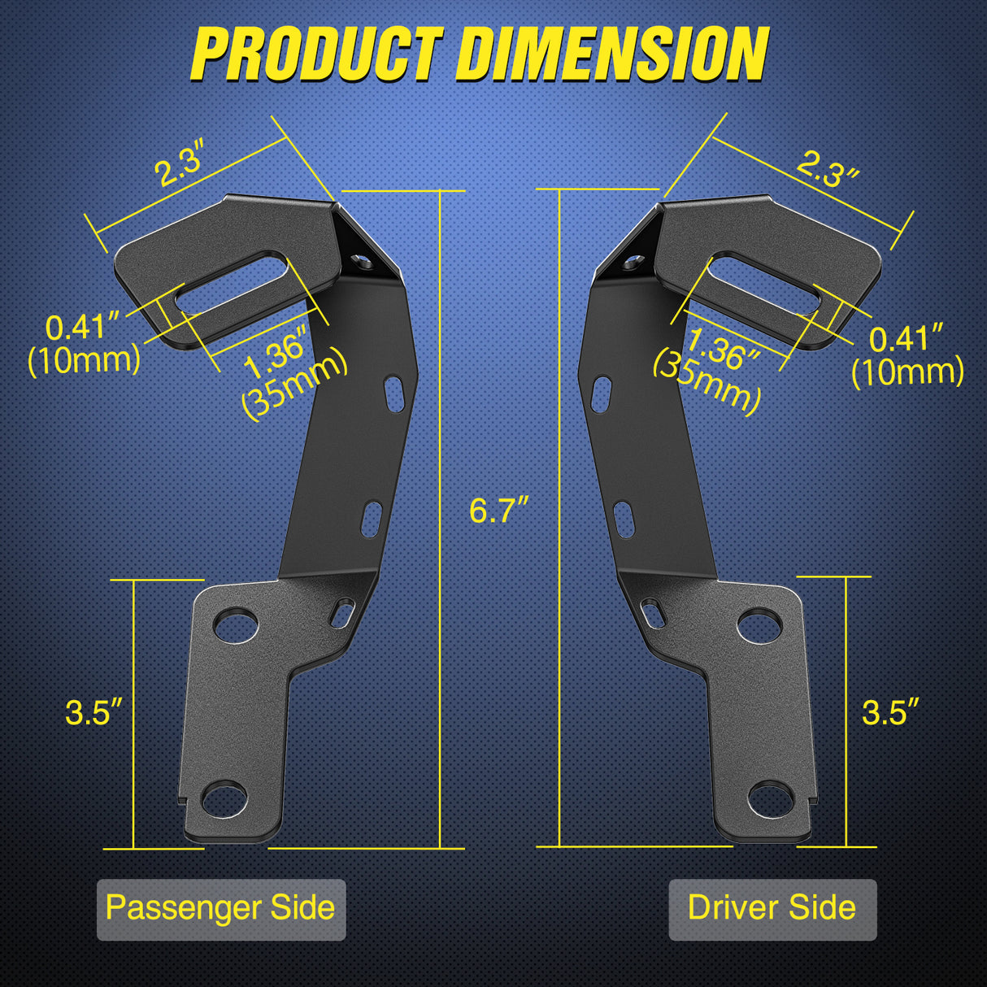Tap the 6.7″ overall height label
(x=498, y=511)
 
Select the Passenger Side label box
(x=220, y=908)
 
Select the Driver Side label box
(x=772, y=908)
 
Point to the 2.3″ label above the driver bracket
(x=827, y=169)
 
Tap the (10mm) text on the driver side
(x=907, y=372)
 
